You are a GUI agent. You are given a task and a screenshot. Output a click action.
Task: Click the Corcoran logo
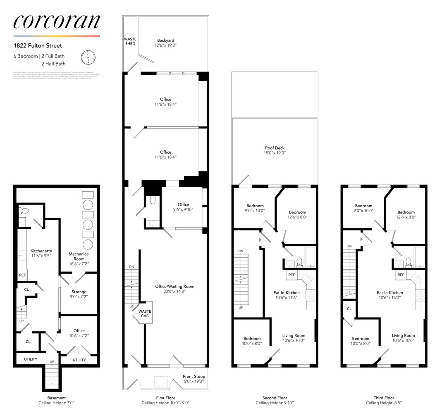pyautogui.click(x=56, y=22)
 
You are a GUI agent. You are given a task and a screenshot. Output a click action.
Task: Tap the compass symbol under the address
pyautogui.click(x=88, y=57)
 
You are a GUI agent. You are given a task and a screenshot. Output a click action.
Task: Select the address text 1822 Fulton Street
pyautogui.click(x=38, y=46)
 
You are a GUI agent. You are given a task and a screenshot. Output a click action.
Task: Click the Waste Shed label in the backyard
pyautogui.click(x=130, y=41)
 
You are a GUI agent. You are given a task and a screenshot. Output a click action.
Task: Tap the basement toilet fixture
pyautogui.click(x=24, y=211)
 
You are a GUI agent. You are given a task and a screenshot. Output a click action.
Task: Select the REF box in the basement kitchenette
pyautogui.click(x=22, y=275)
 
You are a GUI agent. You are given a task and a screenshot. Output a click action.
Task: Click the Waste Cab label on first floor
pyautogui.click(x=144, y=314)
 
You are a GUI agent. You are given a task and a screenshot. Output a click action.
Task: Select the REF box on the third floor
pyautogui.click(x=401, y=275)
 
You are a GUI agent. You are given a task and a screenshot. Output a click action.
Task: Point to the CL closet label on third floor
pyautogui.click(x=349, y=309)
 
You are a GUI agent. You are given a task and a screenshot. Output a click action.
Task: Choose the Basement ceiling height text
pyautogui.click(x=56, y=403)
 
